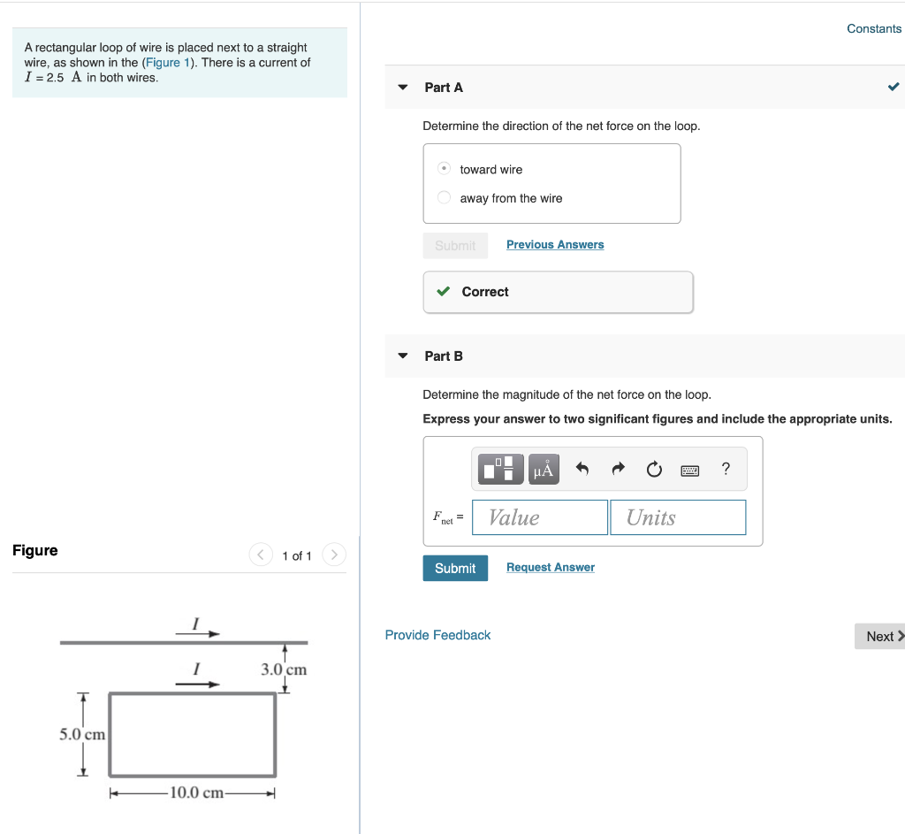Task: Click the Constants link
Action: coord(873,28)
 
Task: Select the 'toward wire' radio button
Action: coord(445,169)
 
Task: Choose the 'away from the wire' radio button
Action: coord(445,198)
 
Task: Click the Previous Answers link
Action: coord(555,245)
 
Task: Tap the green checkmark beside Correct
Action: coord(444,292)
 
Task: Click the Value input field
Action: coord(540,517)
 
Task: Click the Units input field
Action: coord(678,517)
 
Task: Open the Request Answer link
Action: coord(550,568)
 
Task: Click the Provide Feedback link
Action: coord(437,635)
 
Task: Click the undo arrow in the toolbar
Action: coord(582,469)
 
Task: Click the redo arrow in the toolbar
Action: coord(618,469)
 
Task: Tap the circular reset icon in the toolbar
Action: coord(654,469)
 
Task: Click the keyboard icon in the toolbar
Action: coord(690,470)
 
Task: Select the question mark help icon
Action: coord(726,469)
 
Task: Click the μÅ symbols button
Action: coord(544,469)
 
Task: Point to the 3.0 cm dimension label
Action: coord(284,669)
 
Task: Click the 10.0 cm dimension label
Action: coord(196,792)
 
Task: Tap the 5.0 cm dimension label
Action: coord(82,734)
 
